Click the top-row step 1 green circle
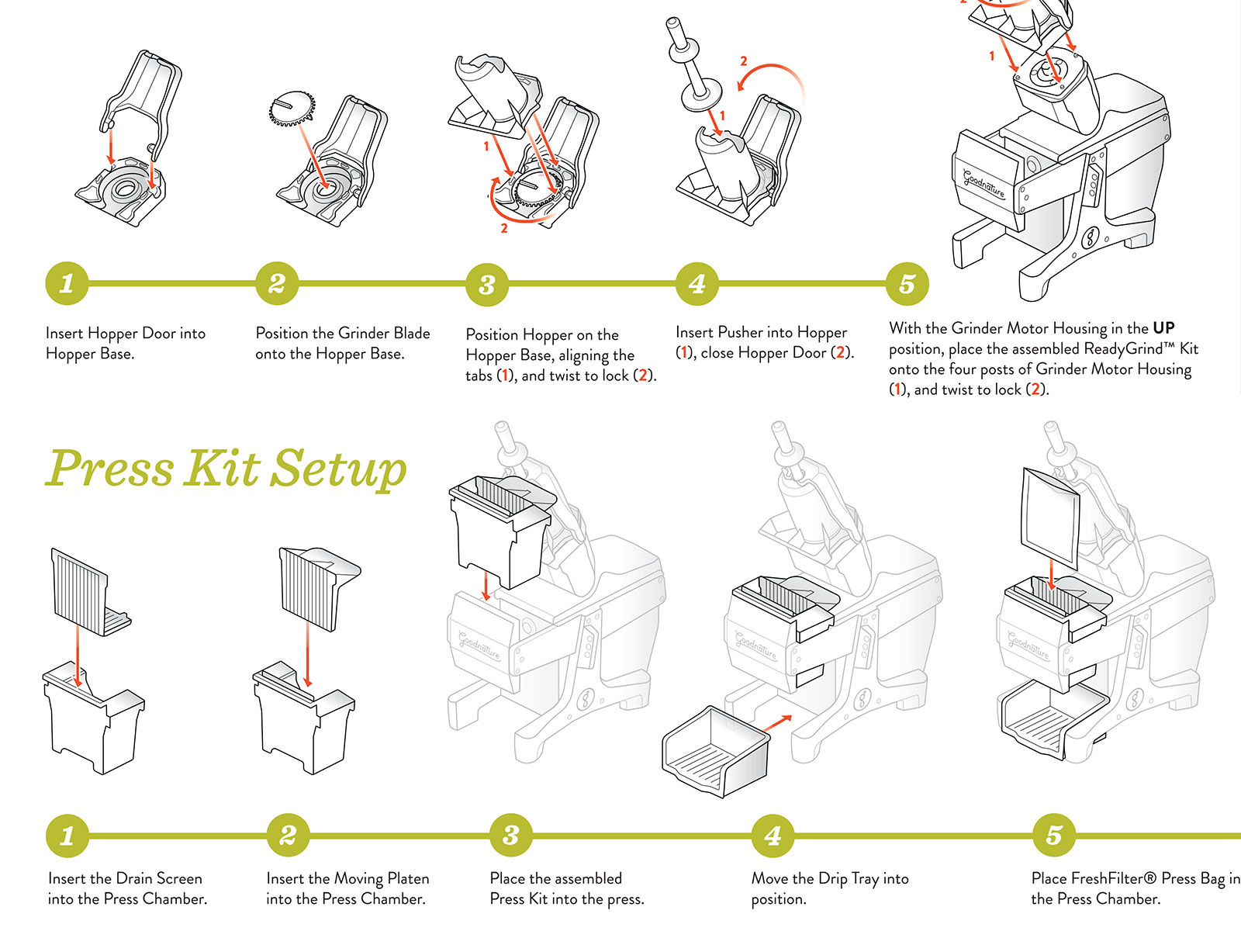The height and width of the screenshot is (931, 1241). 67,284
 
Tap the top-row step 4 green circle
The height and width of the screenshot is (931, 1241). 697,284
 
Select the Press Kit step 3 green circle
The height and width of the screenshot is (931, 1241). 510,836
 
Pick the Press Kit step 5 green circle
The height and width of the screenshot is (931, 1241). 1054,836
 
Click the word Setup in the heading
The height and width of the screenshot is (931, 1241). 339,469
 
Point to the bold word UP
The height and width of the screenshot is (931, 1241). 1163,328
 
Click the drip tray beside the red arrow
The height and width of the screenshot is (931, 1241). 715,750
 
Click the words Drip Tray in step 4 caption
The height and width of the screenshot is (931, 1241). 848,878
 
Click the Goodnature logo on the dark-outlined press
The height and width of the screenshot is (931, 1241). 983,183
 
